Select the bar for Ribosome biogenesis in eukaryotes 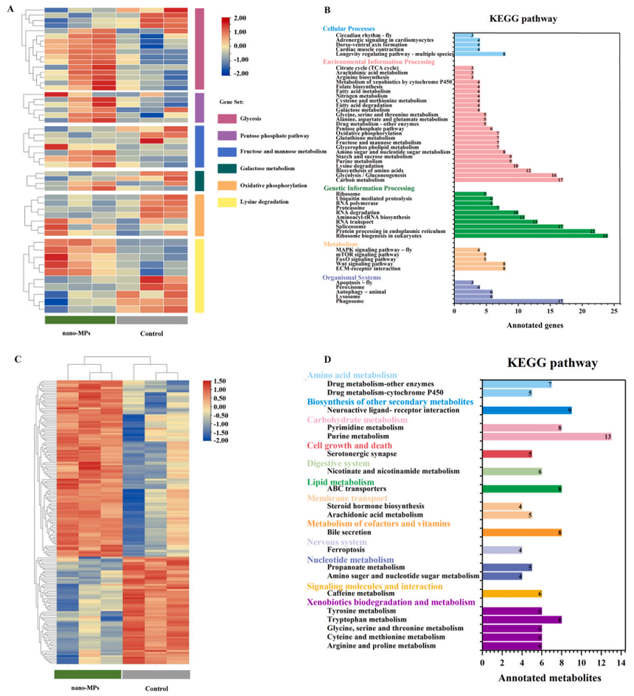tap(532, 236)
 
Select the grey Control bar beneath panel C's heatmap tap(156, 674)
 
